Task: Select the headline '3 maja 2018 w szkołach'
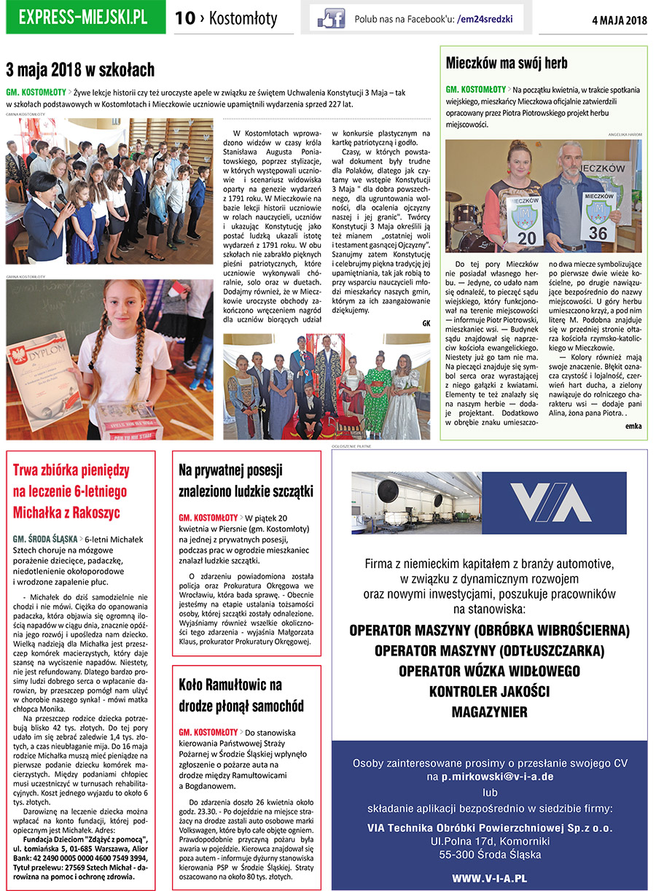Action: [x=80, y=70]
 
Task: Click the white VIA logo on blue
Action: [x=550, y=502]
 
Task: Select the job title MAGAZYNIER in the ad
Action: [x=489, y=711]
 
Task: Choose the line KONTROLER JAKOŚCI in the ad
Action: [x=489, y=690]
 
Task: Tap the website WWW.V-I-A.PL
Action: [x=489, y=879]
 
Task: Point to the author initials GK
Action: [x=426, y=323]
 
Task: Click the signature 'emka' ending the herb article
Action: [x=633, y=426]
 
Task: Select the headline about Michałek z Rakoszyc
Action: [x=69, y=491]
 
